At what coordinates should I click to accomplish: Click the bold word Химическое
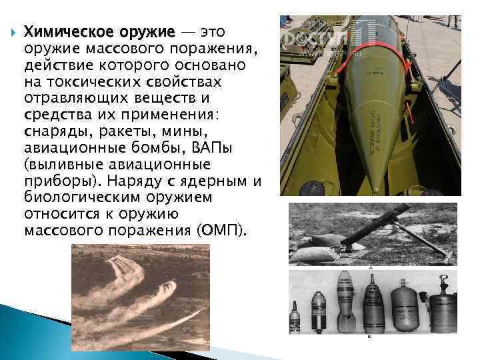[65, 31]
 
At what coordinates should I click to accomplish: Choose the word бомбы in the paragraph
[148, 148]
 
